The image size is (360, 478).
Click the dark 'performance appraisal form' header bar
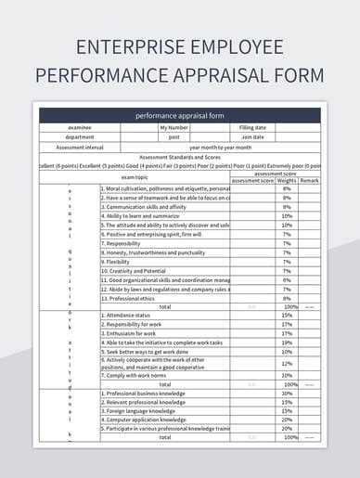(179, 116)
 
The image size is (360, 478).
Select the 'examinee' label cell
(79, 127)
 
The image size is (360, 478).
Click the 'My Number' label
(174, 127)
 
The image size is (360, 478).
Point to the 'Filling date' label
(252, 127)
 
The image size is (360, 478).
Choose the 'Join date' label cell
(252, 136)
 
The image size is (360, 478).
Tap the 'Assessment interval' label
(79, 147)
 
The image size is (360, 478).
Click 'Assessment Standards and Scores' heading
(179, 156)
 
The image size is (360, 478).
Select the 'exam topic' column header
(135, 176)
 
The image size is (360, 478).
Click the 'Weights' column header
(288, 180)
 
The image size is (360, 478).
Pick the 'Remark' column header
(309, 180)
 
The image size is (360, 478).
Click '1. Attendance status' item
(130, 315)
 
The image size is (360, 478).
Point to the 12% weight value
(287, 364)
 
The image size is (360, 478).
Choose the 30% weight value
(287, 393)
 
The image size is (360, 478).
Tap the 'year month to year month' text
(220, 147)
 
